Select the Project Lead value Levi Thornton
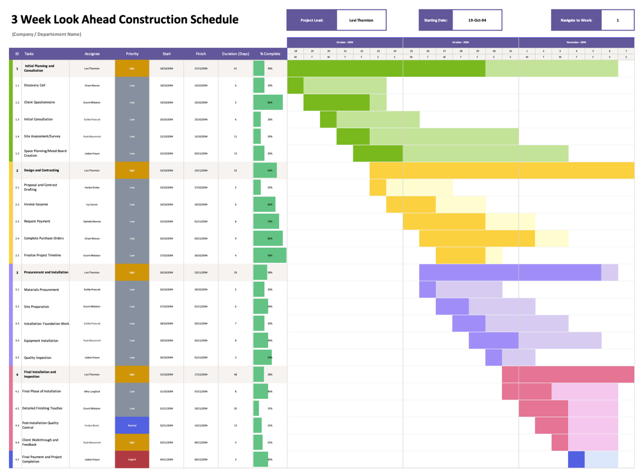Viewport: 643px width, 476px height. tap(361, 20)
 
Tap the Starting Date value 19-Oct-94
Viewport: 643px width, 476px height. tap(477, 20)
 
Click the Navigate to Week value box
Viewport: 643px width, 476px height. tap(617, 20)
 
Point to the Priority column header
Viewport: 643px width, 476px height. tap(132, 54)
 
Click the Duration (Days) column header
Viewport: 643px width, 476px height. tap(235, 54)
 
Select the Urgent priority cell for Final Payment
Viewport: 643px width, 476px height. tap(132, 459)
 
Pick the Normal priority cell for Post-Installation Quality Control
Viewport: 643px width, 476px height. tap(132, 426)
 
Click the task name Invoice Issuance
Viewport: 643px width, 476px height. tap(36, 205)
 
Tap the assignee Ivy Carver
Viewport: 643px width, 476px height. tap(92, 205)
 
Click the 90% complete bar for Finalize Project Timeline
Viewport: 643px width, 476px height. tap(269, 255)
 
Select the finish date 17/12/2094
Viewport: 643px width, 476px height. tap(201, 375)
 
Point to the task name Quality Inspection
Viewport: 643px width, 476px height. tap(38, 358)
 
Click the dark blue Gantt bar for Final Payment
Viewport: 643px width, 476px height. tap(576, 459)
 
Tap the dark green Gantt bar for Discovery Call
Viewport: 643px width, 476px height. tap(295, 85)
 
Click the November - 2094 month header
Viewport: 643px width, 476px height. tap(576, 42)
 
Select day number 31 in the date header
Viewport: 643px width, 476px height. tap(510, 51)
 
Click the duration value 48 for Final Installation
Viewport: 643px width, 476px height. tap(235, 375)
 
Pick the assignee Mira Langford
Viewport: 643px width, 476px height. tap(92, 392)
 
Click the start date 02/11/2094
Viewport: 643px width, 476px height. tap(167, 426)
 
